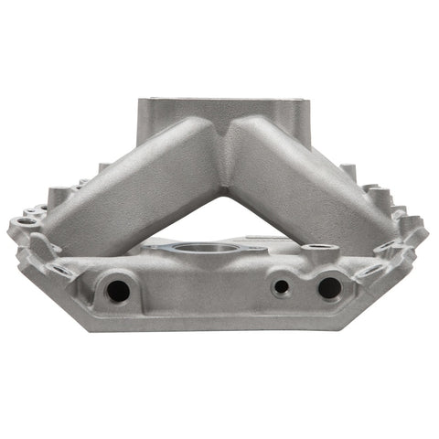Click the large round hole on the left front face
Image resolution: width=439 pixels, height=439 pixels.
pos(117,291)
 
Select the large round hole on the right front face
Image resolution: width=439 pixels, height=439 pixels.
pos(328,288)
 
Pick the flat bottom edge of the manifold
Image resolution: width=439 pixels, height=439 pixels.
pos(219,327)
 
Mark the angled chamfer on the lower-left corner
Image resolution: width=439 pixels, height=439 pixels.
pos(46,293)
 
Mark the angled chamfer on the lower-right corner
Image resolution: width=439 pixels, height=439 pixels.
pos(393,293)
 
